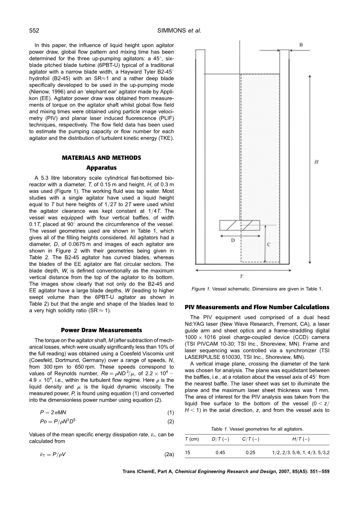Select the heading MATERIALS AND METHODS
click(x=101, y=157)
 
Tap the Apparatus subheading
click(x=101, y=168)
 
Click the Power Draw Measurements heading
click(x=101, y=330)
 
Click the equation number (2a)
click(x=169, y=454)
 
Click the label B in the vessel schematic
click(x=301, y=45)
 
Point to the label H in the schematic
click(x=316, y=162)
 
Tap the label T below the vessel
click(x=241, y=276)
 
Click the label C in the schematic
click(x=269, y=245)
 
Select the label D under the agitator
click(x=233, y=240)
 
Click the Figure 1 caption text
click(x=257, y=289)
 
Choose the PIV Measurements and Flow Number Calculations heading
click(x=257, y=307)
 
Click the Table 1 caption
click(x=257, y=429)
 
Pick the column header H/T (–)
click(x=301, y=439)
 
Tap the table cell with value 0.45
click(x=220, y=453)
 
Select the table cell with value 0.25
click(x=251, y=453)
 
